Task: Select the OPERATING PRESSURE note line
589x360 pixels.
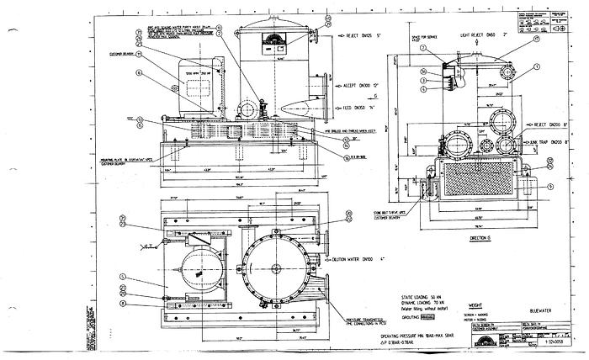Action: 438,336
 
